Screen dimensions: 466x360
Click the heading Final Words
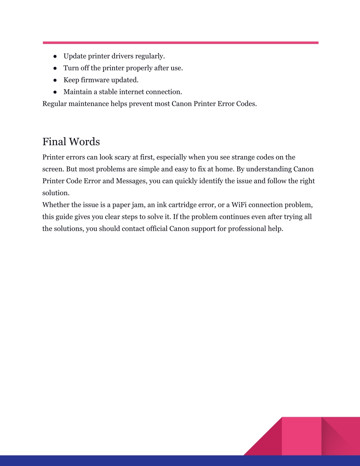click(71, 142)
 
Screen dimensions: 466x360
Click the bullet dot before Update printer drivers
click(55, 56)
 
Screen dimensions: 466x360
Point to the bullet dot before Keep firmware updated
click(55, 80)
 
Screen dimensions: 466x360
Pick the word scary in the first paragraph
click(122, 157)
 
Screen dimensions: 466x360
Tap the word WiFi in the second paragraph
click(239, 205)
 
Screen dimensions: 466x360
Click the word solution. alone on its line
click(56, 193)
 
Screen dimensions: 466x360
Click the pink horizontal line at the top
click(180, 43)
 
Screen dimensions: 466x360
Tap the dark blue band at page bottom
click(141, 461)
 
